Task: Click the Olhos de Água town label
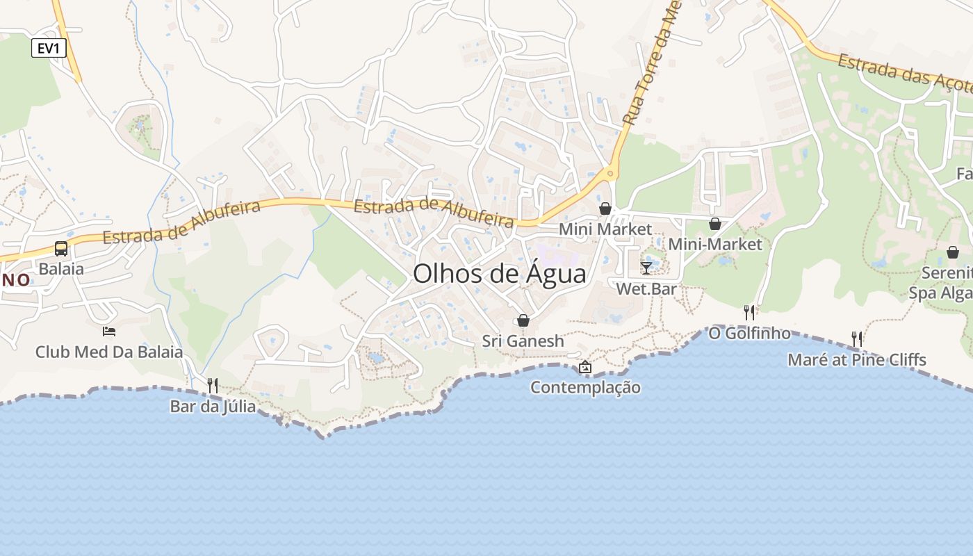coord(499,274)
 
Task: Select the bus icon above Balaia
coord(61,249)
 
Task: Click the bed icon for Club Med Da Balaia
coord(108,331)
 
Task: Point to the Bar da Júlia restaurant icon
coord(213,385)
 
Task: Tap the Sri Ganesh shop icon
coord(523,320)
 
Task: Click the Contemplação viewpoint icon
coord(585,367)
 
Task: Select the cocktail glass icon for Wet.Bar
coord(646,268)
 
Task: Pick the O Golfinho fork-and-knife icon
coord(749,313)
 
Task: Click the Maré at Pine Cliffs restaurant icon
coord(857,339)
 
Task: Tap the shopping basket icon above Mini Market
coord(605,208)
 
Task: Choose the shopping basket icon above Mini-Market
coord(714,224)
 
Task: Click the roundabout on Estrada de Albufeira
coord(611,173)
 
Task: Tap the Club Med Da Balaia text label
coord(109,352)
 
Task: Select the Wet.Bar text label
coord(646,288)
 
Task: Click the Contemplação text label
coord(585,387)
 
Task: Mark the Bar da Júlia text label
coord(213,407)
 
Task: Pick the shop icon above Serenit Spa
coord(952,252)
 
